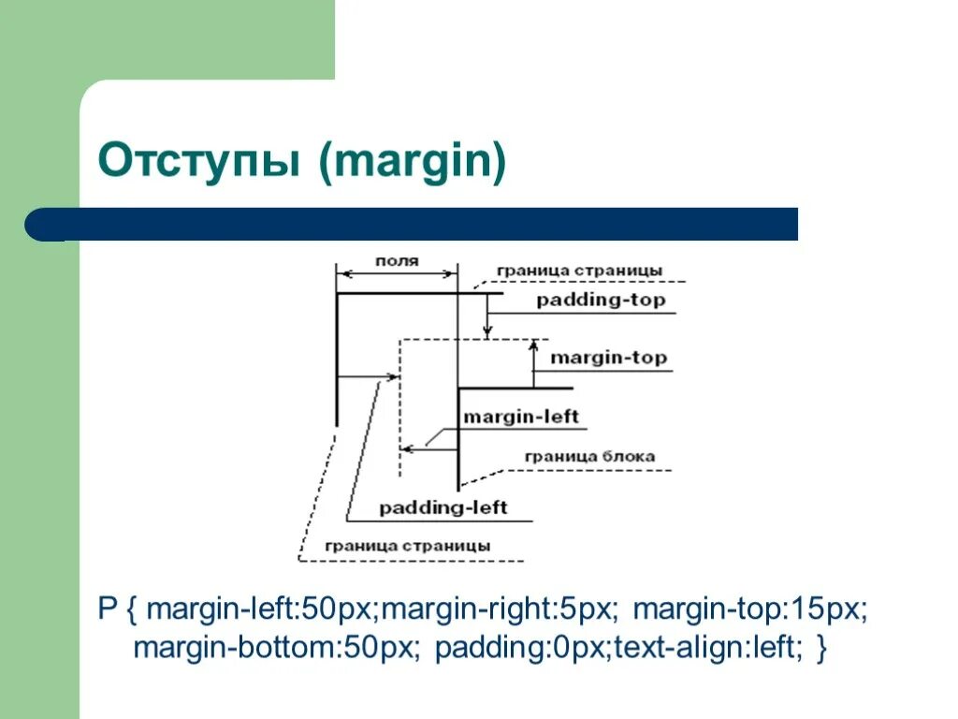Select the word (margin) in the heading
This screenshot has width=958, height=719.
point(412,161)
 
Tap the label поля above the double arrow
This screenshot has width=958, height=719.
point(397,260)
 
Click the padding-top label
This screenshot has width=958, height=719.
point(601,300)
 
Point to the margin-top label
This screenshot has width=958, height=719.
point(608,358)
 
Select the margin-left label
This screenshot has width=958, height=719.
point(521,417)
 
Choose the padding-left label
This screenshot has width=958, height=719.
point(443,507)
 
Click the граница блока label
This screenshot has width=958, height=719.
point(589,457)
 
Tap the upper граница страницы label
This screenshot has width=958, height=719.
point(580,271)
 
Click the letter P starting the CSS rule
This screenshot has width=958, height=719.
point(107,610)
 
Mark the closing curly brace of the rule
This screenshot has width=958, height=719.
point(821,648)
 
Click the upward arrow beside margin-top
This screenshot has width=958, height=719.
point(533,361)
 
